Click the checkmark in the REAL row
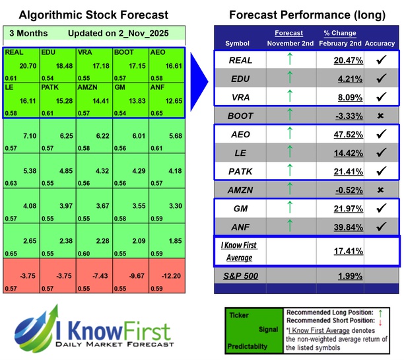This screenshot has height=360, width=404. click(x=380, y=59)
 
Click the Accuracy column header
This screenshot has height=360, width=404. click(x=380, y=43)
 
